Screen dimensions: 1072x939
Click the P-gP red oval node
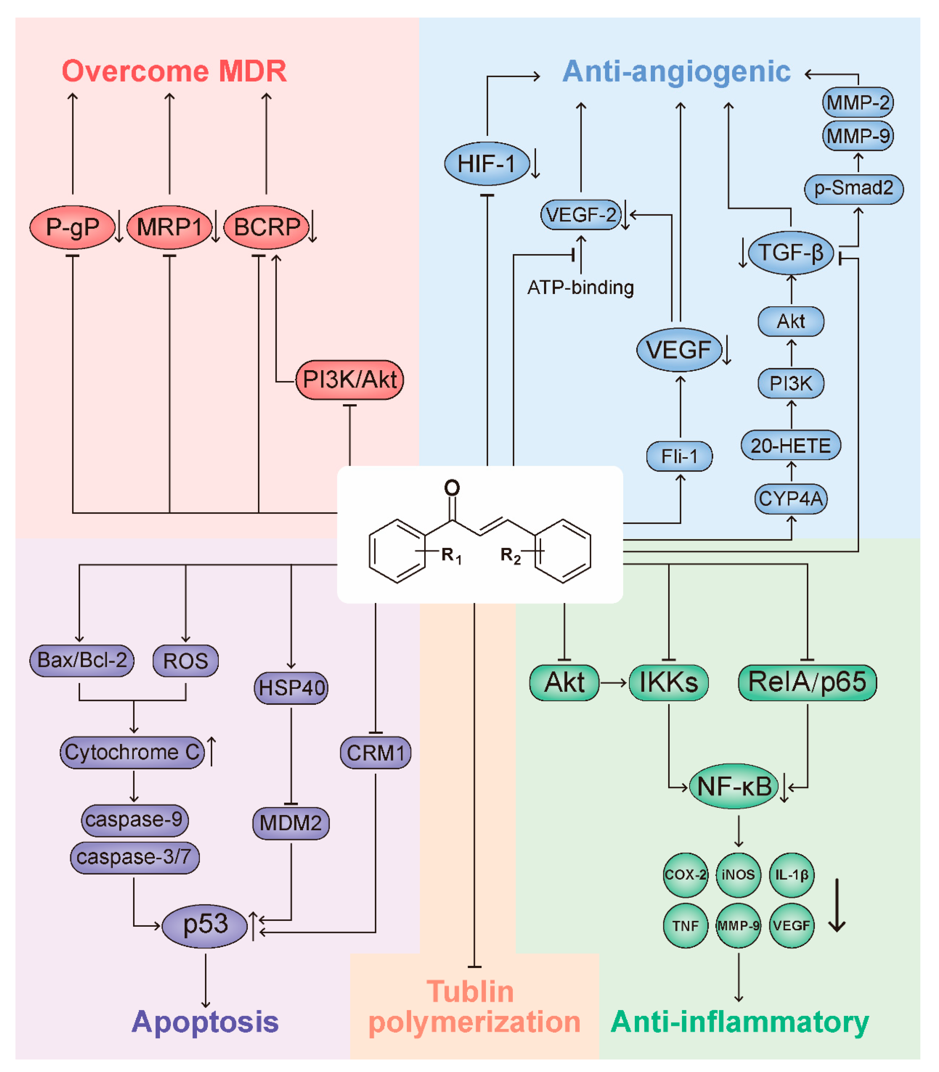(x=72, y=227)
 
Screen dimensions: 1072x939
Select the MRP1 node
(x=169, y=227)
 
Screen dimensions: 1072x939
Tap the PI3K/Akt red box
(x=349, y=380)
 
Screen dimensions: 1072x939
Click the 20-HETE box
(x=791, y=445)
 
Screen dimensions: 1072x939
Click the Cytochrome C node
(x=132, y=752)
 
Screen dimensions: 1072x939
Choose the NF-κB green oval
(x=734, y=786)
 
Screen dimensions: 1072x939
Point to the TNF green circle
(x=685, y=926)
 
